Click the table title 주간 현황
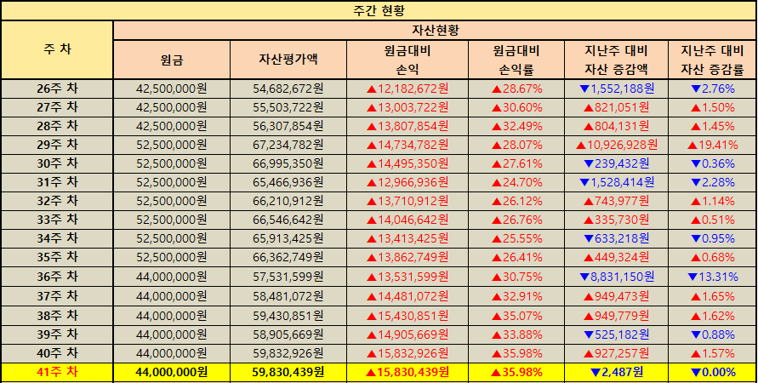tap(379, 11)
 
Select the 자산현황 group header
tap(435, 30)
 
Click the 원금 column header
tap(172, 60)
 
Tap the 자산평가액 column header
tap(288, 60)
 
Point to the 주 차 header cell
tap(57, 49)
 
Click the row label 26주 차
tap(57, 88)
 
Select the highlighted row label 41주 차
tap(57, 371)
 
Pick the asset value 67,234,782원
tap(288, 145)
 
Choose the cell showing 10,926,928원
tap(617, 145)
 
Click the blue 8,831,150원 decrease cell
tap(617, 277)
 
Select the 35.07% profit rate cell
tap(517, 314)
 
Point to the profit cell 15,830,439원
tap(407, 371)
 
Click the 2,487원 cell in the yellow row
tap(617, 371)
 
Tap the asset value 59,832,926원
tap(288, 352)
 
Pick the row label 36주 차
tap(57, 277)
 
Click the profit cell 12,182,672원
tap(407, 88)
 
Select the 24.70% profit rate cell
tap(517, 182)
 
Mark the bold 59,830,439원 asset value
tap(288, 371)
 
